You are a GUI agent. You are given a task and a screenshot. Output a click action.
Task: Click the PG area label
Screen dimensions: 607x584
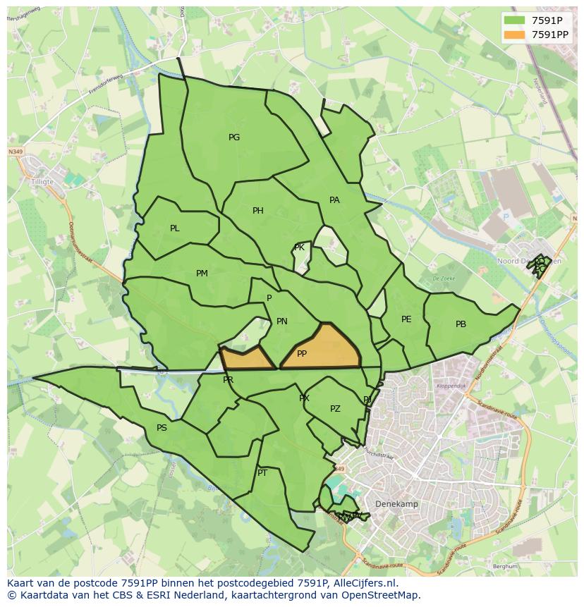[234, 137]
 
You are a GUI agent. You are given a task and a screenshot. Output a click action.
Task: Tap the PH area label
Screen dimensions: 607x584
[258, 211]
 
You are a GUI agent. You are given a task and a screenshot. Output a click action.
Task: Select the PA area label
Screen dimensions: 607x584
[334, 200]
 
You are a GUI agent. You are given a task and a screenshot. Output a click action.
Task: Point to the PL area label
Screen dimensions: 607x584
[175, 228]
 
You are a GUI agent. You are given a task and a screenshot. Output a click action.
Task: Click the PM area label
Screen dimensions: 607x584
[202, 274]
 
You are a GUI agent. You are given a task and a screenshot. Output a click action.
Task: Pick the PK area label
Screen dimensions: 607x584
[299, 247]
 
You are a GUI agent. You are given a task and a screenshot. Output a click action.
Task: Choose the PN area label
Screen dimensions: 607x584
[282, 321]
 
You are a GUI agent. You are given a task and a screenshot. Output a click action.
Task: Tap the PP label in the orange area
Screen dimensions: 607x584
[302, 354]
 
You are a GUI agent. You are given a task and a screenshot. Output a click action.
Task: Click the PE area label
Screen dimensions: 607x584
[406, 319]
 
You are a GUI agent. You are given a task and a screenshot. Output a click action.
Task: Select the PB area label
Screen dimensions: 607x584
[461, 324]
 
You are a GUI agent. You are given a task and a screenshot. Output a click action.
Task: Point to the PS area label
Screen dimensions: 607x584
[162, 428]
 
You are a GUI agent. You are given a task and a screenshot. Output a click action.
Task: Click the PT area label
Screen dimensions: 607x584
[262, 473]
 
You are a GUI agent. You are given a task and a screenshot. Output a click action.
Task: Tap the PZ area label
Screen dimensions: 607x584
[335, 409]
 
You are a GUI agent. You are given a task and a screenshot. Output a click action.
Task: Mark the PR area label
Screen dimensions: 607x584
[228, 380]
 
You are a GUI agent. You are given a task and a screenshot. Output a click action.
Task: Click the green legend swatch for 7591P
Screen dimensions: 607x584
[515, 20]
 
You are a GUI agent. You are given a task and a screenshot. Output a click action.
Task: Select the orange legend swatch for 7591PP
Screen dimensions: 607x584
[515, 35]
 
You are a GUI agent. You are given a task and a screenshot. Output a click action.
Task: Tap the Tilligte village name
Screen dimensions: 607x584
[42, 180]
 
